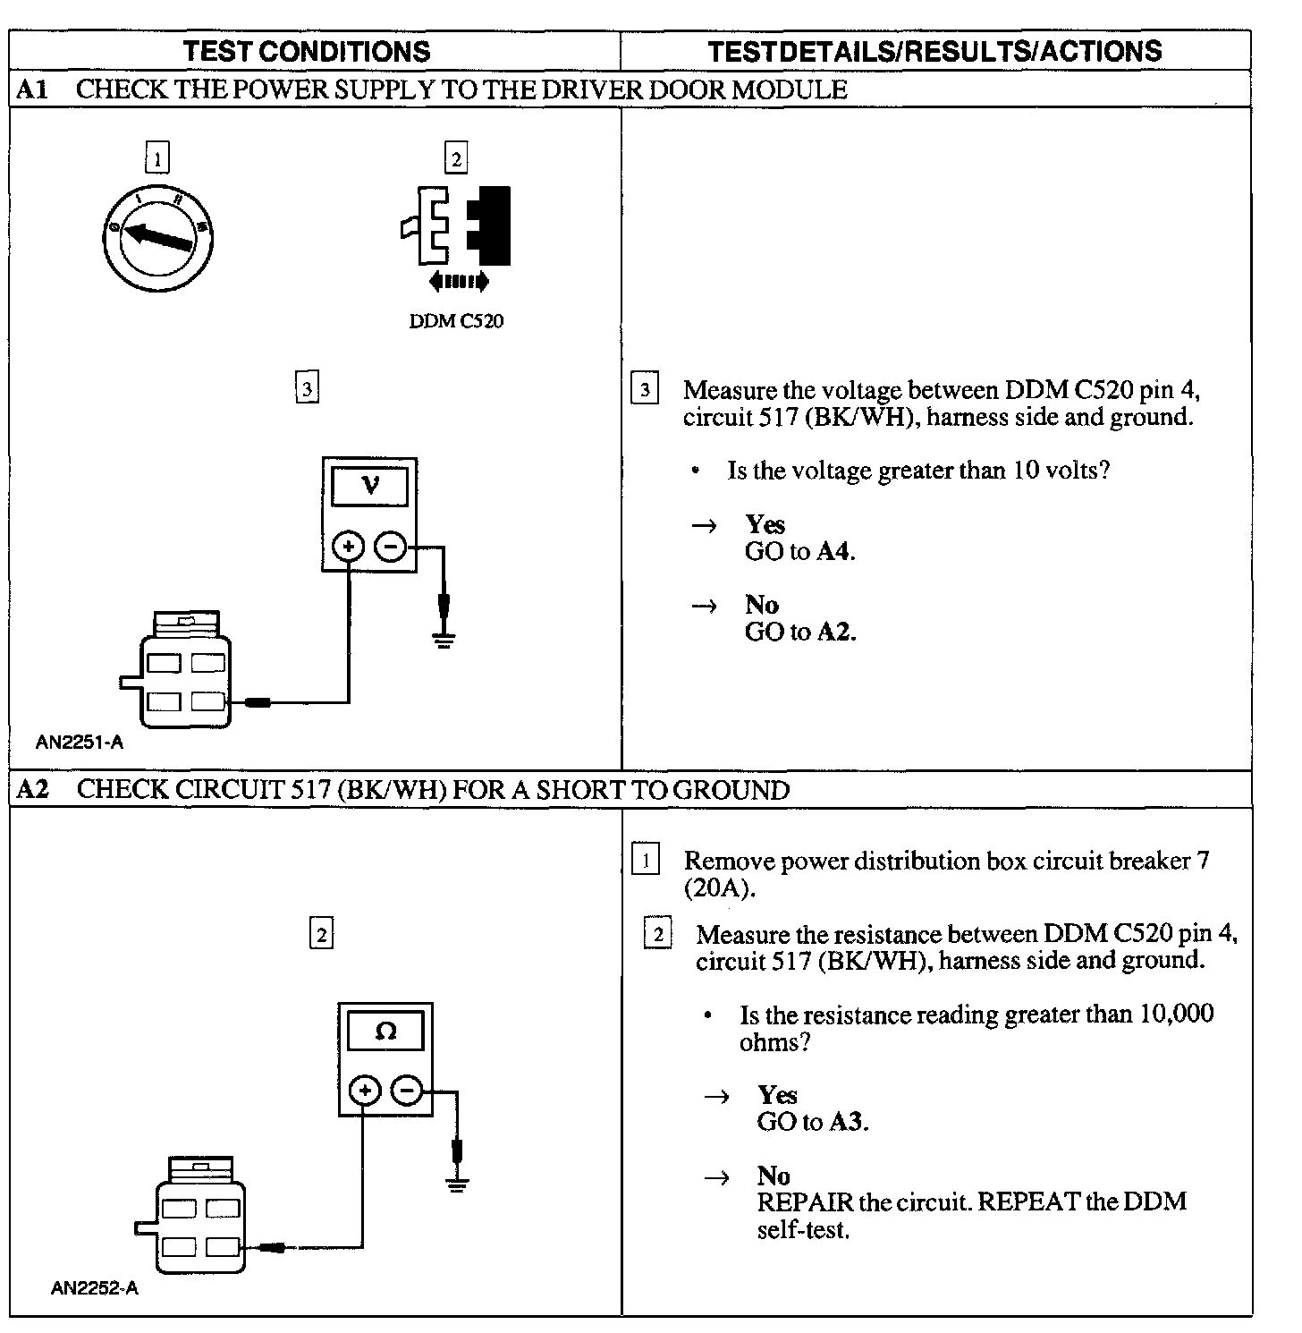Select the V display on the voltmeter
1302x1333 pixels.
tap(370, 487)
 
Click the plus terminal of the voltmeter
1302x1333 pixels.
tap(349, 546)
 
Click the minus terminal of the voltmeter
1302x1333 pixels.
tap(390, 546)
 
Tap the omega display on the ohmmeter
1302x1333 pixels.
tap(385, 1032)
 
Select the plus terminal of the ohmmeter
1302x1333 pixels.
tap(364, 1091)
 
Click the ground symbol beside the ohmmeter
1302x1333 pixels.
tap(458, 1183)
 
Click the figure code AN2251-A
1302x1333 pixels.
tap(80, 742)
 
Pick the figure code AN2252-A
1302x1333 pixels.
tap(95, 1289)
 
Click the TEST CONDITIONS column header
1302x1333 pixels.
tap(307, 52)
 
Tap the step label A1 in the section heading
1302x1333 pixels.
tap(32, 89)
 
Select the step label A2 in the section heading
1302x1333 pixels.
tap(32, 790)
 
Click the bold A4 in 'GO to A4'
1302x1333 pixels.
tap(835, 552)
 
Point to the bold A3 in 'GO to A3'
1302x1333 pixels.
tap(847, 1122)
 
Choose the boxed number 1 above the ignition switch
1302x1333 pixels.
tap(157, 159)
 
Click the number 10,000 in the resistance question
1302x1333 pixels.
tap(1175, 1015)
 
